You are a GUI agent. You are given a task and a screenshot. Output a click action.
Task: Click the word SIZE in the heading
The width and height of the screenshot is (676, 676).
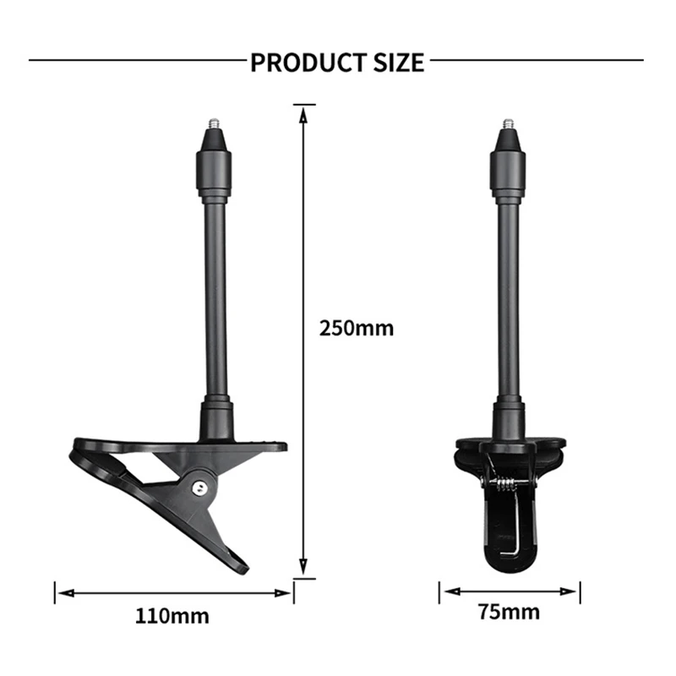[397, 63]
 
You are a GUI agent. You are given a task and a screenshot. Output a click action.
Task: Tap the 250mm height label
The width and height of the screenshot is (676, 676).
[356, 328]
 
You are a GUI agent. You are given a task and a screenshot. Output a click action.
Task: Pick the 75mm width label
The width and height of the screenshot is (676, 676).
[510, 612]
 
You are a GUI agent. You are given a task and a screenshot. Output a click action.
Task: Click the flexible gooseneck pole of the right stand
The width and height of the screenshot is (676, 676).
[509, 304]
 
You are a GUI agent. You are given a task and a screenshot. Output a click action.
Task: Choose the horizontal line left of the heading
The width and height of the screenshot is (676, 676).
[135, 61]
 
